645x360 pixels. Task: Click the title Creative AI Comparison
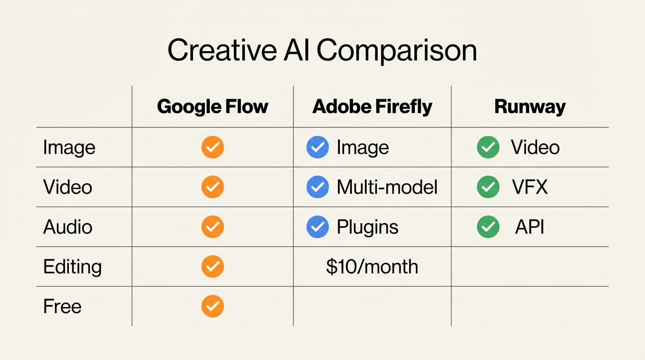(x=322, y=51)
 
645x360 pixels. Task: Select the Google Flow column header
(x=212, y=106)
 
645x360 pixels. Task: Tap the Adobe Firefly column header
(x=372, y=106)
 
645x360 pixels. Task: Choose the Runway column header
(x=530, y=106)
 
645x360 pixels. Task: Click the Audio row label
(x=67, y=227)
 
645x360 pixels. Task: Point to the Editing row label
(x=72, y=267)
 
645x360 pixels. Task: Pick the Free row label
(x=62, y=307)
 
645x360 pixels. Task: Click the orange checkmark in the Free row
(x=213, y=307)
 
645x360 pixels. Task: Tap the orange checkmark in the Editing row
(x=213, y=267)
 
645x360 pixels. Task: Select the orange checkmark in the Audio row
(x=213, y=227)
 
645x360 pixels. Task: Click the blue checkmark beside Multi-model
(x=317, y=187)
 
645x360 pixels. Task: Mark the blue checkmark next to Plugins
(x=317, y=227)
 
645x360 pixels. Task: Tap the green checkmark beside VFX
(x=488, y=187)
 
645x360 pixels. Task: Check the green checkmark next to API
(x=488, y=227)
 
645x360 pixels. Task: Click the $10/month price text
(x=372, y=267)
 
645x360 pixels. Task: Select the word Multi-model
(x=387, y=187)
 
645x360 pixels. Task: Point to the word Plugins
(x=367, y=227)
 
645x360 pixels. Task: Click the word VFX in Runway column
(x=530, y=187)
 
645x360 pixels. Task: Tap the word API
(x=530, y=227)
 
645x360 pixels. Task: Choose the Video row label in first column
(x=67, y=187)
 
